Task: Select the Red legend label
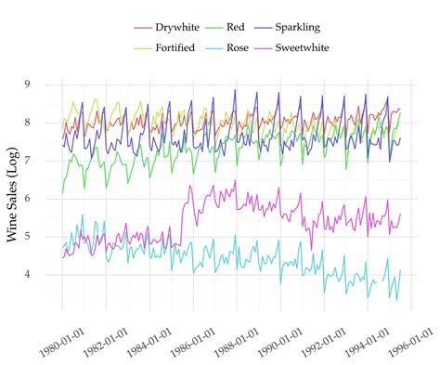pyautogui.click(x=250, y=28)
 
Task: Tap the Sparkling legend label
pyautogui.click(x=317, y=28)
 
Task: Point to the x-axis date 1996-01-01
pyautogui.click(x=408, y=335)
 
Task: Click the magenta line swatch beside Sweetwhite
pyautogui.click(x=276, y=47)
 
